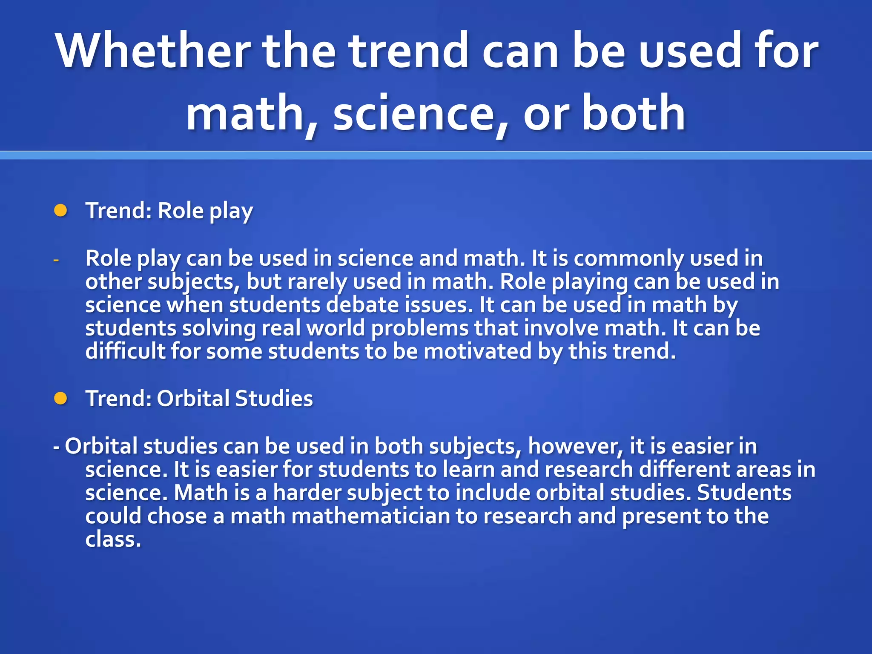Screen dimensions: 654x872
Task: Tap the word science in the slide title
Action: tap(414, 113)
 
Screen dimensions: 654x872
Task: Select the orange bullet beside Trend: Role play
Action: tap(60, 210)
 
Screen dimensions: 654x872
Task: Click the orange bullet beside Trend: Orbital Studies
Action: tap(60, 398)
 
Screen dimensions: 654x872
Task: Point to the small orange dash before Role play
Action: tap(56, 259)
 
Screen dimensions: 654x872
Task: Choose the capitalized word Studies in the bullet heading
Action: tap(273, 399)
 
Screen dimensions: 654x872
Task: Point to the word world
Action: tap(336, 329)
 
